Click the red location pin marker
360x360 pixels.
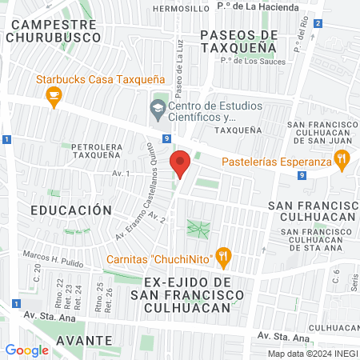coord(180,164)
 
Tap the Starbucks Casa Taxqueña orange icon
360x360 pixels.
coord(54,97)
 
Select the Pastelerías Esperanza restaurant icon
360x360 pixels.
coord(342,160)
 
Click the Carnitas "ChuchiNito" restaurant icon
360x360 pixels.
coord(224,258)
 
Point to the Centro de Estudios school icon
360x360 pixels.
coord(158,107)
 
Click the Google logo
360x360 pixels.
coord(26,350)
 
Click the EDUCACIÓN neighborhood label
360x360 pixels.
coord(70,210)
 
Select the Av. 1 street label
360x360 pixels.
coord(121,173)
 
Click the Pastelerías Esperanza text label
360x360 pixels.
coord(276,162)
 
